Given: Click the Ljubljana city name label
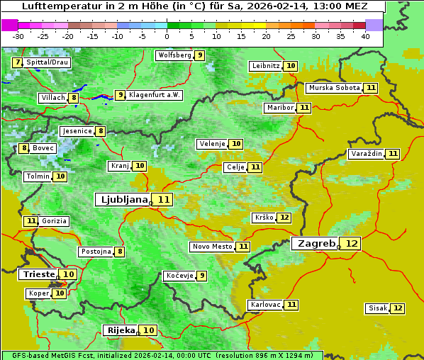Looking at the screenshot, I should tap(122, 200).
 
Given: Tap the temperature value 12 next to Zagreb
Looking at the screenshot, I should tap(352, 244).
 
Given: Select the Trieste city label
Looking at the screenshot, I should tap(38, 274).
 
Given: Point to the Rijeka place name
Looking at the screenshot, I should tap(120, 330).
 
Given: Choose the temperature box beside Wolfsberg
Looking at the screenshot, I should tap(200, 55).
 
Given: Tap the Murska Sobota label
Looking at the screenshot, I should tap(333, 88).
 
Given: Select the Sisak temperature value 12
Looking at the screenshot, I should tap(398, 308).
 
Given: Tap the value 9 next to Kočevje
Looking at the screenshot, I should tap(202, 276).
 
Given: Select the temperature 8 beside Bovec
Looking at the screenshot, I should tap(24, 148).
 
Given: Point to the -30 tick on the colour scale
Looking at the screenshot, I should tap(18, 36).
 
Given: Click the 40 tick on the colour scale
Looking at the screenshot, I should tap(365, 36).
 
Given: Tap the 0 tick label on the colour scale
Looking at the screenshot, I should tap(167, 36).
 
